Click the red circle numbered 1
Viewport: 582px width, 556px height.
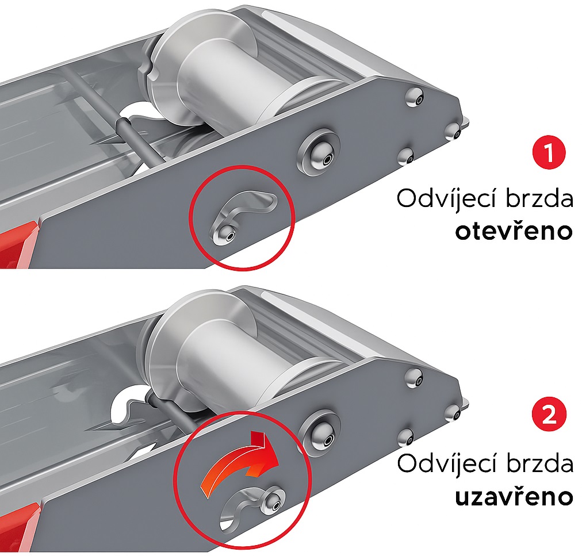pyautogui.click(x=549, y=152)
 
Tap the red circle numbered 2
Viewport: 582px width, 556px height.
pyautogui.click(x=549, y=413)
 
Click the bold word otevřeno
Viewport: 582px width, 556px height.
pyautogui.click(x=514, y=231)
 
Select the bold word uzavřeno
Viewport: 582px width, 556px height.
pyautogui.click(x=514, y=496)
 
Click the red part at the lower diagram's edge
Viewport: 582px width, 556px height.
pyautogui.click(x=18, y=527)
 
